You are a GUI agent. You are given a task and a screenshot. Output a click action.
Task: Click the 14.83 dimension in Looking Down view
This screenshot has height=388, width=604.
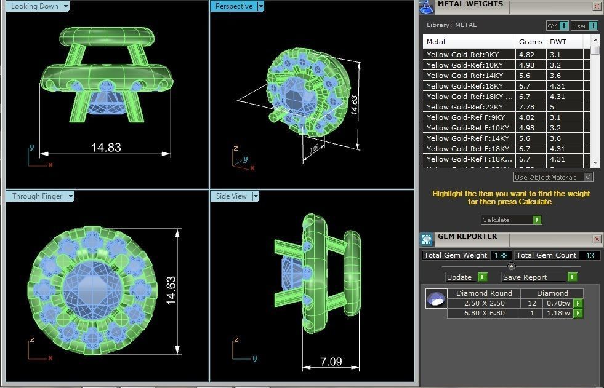(x=106, y=148)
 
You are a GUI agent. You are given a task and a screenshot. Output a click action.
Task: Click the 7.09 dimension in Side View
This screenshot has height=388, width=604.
(x=331, y=362)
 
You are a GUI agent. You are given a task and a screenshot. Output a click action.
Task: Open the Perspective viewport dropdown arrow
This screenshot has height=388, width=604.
(x=260, y=6)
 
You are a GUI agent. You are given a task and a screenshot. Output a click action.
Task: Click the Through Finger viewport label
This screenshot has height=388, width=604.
(x=37, y=196)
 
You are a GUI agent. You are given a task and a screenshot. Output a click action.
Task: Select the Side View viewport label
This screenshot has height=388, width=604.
(x=231, y=196)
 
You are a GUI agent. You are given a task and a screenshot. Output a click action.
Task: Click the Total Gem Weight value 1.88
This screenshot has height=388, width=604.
(x=502, y=255)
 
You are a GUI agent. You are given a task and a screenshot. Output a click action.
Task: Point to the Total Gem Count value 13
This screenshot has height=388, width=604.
(x=589, y=255)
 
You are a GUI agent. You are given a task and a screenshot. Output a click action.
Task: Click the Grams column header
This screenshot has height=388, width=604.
(x=530, y=42)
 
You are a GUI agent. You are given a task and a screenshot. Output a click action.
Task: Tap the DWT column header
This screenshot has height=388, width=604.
(x=558, y=42)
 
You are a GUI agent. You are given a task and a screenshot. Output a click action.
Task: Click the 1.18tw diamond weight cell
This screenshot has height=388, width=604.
(x=559, y=314)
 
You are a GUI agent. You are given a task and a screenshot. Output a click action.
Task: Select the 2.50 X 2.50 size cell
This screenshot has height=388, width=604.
(x=484, y=303)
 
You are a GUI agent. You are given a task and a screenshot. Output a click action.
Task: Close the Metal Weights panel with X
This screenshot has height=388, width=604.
(x=597, y=6)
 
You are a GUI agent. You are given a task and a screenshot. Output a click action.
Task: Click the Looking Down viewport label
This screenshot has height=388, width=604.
(x=34, y=6)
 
